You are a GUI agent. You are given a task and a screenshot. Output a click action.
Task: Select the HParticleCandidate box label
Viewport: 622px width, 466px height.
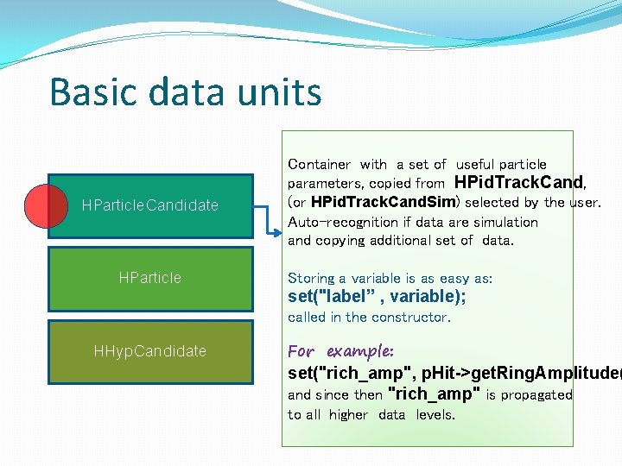click(149, 205)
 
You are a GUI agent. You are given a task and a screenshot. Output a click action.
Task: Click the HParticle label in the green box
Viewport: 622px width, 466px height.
click(149, 278)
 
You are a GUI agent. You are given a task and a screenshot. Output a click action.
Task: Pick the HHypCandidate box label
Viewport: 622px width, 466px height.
click(149, 351)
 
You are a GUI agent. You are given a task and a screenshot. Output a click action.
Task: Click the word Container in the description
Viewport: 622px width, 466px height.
click(319, 164)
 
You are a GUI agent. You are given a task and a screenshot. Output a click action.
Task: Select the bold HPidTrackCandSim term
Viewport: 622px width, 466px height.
click(382, 203)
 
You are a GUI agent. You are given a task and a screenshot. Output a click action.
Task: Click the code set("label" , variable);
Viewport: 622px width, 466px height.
click(377, 297)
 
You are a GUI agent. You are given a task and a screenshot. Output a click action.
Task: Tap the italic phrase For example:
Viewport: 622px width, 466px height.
click(340, 351)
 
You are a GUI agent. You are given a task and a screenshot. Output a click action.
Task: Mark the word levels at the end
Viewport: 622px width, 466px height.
click(435, 414)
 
